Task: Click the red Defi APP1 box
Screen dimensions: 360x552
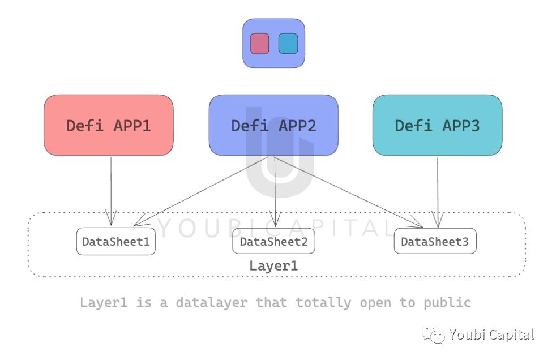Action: (109, 125)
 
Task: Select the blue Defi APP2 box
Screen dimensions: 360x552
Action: (273, 125)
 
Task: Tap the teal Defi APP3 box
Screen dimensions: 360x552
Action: (437, 125)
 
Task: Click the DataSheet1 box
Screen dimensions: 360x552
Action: (116, 242)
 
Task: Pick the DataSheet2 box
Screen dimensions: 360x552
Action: (273, 242)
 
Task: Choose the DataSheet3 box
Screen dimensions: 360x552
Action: (435, 242)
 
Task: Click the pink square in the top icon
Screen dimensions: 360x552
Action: (260, 44)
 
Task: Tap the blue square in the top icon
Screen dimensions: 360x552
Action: (288, 44)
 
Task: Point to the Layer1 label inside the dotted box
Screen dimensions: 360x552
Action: (273, 265)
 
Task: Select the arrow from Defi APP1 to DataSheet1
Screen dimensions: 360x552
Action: (111, 190)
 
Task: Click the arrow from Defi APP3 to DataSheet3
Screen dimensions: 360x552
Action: (437, 190)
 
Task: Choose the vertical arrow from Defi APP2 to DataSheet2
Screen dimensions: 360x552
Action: (275, 192)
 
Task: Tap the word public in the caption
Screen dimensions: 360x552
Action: (447, 302)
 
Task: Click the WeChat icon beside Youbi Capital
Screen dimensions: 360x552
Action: (435, 336)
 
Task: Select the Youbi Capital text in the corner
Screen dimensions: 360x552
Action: (491, 335)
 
